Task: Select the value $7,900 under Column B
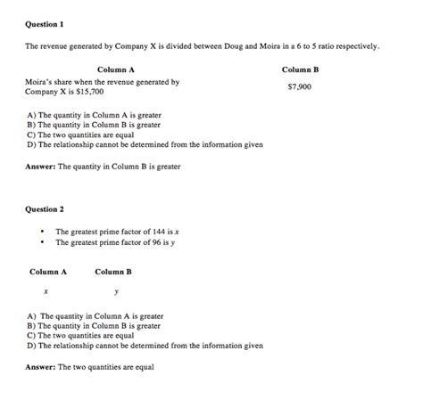coord(300,87)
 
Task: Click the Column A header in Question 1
coord(115,69)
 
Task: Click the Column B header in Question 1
coord(300,69)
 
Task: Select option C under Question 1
coord(80,135)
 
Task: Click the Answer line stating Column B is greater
coord(103,166)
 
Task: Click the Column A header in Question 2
coord(48,272)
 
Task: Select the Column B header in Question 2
coord(113,272)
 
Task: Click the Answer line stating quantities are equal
coord(89,367)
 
